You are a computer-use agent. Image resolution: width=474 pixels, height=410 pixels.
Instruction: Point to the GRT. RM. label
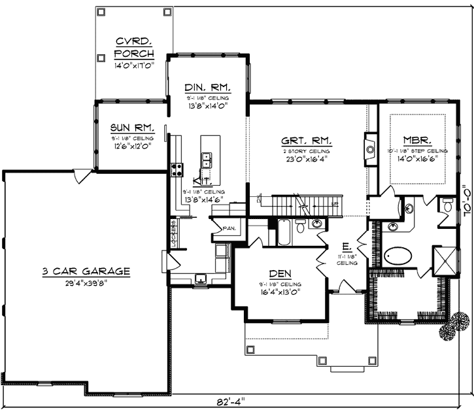(x=306, y=141)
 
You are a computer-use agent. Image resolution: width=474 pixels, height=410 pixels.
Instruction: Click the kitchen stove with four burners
(x=177, y=171)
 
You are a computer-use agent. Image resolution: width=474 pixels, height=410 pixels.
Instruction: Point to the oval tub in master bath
(x=400, y=255)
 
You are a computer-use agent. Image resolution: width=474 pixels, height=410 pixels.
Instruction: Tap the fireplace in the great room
(x=370, y=147)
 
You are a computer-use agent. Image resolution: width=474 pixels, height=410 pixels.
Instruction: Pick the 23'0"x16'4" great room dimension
(x=306, y=158)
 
